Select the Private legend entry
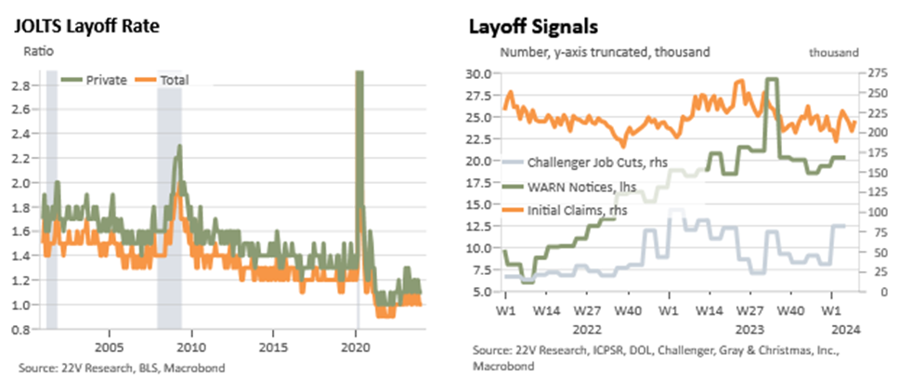point(95,80)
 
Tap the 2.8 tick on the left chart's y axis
point(29,85)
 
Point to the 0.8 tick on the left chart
point(29,330)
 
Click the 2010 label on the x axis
point(191,348)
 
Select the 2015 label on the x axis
point(273,348)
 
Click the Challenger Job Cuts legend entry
point(584,163)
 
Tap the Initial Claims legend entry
point(564,211)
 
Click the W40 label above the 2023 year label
point(788,312)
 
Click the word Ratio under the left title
point(38,52)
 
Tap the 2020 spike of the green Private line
point(358,73)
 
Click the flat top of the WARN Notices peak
point(773,79)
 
